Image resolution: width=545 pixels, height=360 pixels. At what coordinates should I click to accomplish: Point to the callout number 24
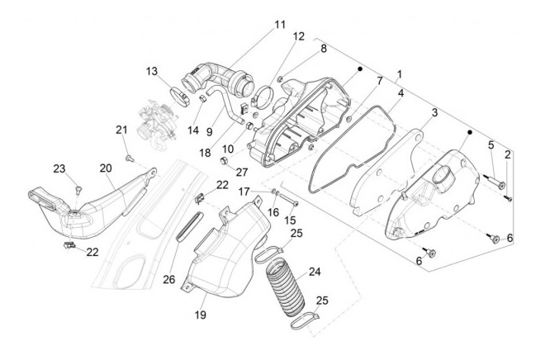click(314, 270)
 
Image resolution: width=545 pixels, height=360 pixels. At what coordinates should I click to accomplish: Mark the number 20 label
click(105, 168)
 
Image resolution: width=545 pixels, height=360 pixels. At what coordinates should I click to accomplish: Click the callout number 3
click(434, 111)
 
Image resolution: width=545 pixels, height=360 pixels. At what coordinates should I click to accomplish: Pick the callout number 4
click(400, 96)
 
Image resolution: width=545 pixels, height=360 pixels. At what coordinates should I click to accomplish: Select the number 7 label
click(379, 81)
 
